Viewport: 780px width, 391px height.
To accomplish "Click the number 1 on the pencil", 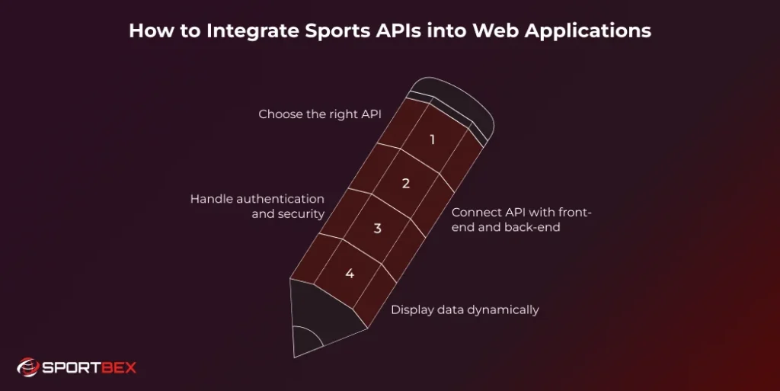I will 432,139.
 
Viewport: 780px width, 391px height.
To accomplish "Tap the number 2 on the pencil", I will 405,184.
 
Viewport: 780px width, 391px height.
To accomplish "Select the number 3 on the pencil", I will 377,229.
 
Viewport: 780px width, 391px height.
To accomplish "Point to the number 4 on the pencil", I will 350,274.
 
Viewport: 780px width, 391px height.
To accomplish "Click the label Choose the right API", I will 319,114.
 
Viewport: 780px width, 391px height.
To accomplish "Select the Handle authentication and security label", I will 257,207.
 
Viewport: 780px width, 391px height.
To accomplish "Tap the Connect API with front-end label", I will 521,220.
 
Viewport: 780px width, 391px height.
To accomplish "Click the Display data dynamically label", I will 465,309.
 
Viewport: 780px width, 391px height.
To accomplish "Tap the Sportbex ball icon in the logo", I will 27,368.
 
